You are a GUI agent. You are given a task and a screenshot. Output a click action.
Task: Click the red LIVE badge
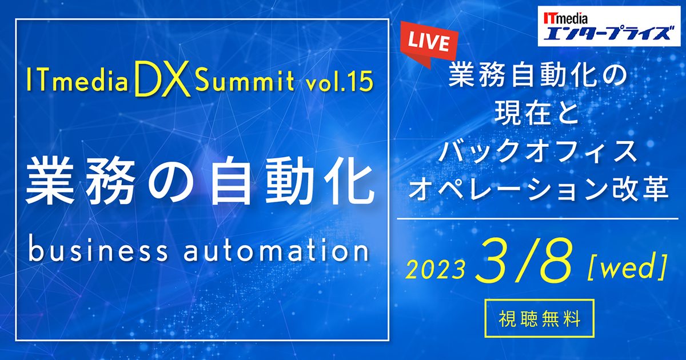pyautogui.click(x=429, y=45)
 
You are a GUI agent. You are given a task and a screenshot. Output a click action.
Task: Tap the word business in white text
pyautogui.click(x=98, y=251)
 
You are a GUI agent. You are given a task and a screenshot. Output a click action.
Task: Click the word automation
pyautogui.click(x=276, y=251)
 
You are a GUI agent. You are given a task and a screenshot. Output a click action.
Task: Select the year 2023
pyautogui.click(x=435, y=270)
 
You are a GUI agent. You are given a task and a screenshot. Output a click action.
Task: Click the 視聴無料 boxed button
pyautogui.click(x=539, y=319)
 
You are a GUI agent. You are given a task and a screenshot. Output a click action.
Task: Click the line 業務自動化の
pyautogui.click(x=538, y=76)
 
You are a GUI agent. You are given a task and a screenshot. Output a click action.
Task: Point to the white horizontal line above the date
pyautogui.click(x=538, y=219)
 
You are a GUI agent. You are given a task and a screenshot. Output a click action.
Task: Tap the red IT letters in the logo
pyautogui.click(x=549, y=19)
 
